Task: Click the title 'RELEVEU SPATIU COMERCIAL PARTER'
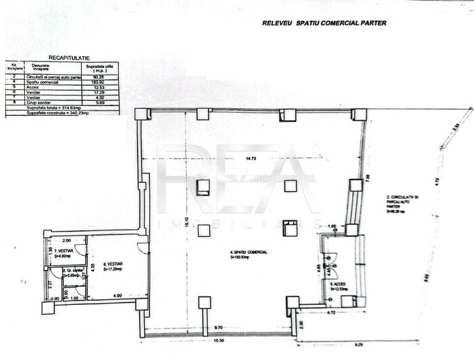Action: [324, 22]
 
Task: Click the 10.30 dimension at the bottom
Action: [219, 340]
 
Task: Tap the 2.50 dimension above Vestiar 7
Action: [67, 239]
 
